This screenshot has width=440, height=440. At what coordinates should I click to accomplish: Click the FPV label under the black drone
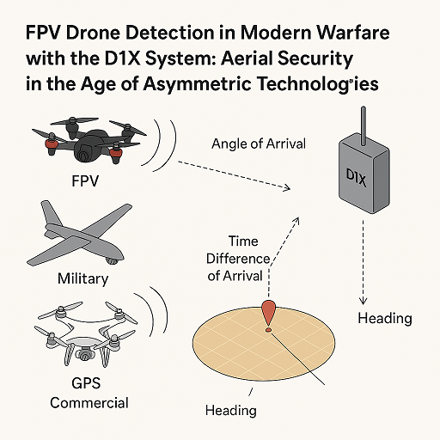[x=85, y=181]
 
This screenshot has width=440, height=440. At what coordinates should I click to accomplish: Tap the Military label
[x=83, y=278]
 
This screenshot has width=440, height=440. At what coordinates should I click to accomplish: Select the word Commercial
[x=89, y=403]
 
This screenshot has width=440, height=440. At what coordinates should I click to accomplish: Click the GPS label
[x=86, y=383]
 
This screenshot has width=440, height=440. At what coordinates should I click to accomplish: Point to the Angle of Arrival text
[x=259, y=144]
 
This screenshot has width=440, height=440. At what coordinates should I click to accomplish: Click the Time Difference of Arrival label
[x=238, y=259]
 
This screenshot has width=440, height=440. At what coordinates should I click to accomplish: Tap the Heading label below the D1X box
[x=385, y=318]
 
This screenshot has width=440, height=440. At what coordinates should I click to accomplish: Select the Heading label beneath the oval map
[x=231, y=411]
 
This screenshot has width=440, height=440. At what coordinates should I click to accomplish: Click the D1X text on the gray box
[x=356, y=178]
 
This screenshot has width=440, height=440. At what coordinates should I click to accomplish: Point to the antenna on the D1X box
[x=364, y=126]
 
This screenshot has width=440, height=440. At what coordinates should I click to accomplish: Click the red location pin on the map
[x=268, y=314]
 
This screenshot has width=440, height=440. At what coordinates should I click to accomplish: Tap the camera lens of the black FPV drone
[x=84, y=156]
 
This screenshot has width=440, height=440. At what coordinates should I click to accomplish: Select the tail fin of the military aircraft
[x=51, y=212]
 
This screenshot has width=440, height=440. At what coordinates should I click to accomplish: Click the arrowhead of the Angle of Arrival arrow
[x=286, y=188]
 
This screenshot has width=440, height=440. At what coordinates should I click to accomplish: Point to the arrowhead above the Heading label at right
[x=363, y=301]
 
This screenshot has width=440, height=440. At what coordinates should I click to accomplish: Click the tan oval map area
[x=264, y=344]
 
